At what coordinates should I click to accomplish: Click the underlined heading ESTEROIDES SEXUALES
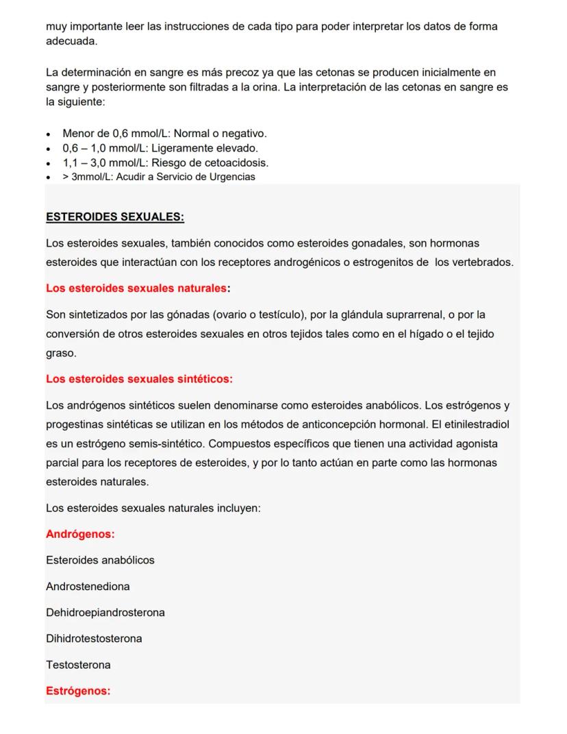pos(115,217)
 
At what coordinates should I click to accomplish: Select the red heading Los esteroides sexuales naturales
pos(136,289)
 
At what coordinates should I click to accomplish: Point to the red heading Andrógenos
pos(80,534)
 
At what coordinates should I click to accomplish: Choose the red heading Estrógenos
pos(78,691)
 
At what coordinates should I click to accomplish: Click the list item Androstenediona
pos(88,587)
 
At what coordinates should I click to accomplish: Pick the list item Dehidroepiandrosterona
pos(105,613)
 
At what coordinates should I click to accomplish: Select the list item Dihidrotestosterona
pos(94,639)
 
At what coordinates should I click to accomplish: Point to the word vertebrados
pos(483,262)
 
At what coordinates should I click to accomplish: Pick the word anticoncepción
pos(351,424)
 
